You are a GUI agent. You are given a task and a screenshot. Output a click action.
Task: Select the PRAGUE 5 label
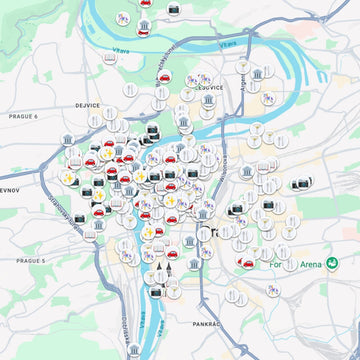31,260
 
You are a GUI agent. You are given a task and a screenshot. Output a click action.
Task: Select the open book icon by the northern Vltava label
109,58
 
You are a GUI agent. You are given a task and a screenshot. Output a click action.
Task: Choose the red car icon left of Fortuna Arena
245,264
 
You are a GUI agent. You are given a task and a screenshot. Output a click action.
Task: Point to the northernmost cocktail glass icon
241,65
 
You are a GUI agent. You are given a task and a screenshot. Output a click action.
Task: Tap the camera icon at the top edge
173,9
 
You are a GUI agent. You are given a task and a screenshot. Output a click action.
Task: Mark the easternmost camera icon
299,184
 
